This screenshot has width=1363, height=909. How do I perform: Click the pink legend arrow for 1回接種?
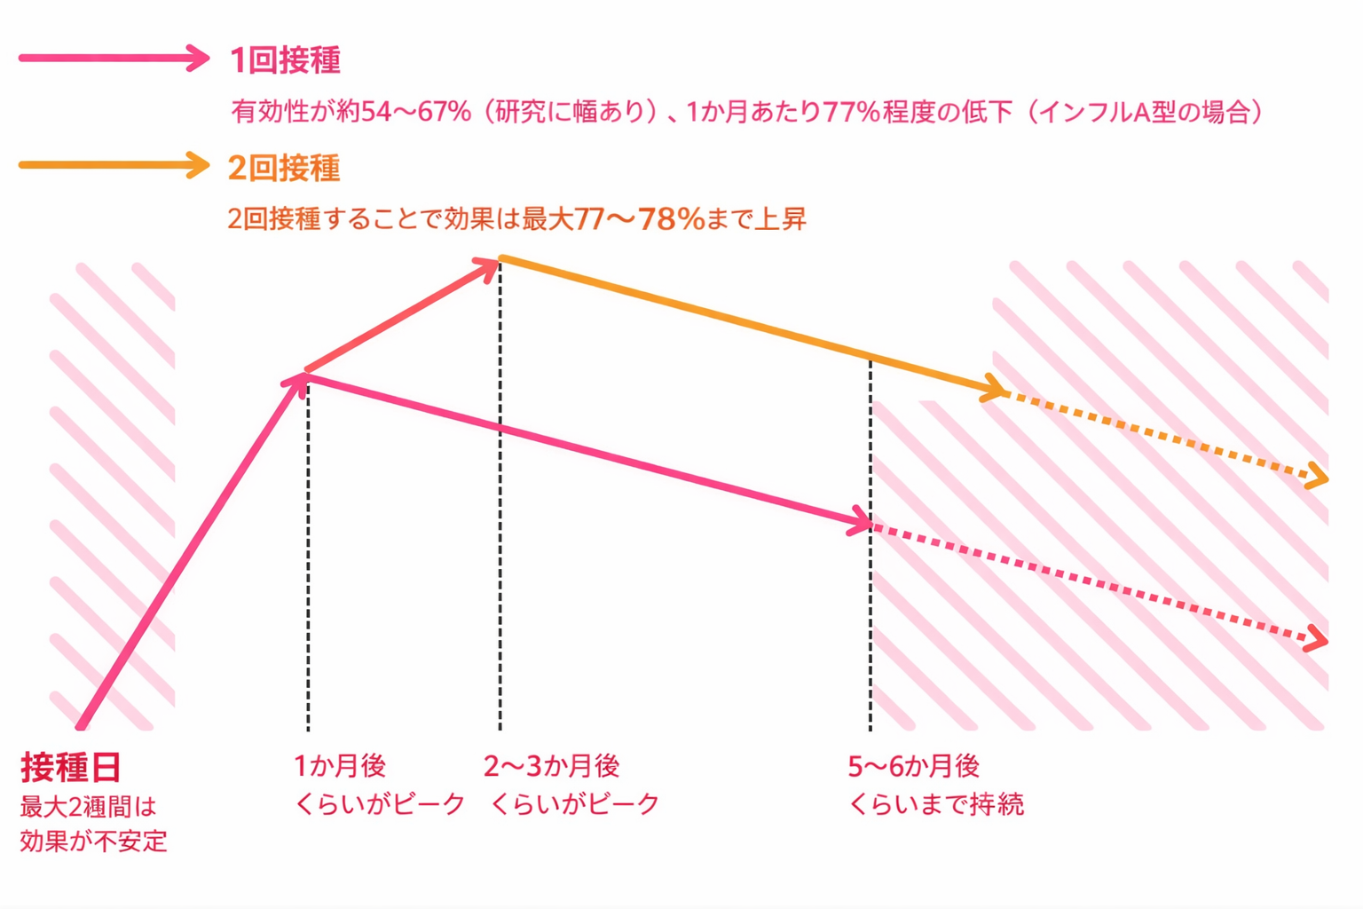point(114,59)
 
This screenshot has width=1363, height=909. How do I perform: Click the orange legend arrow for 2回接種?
point(114,165)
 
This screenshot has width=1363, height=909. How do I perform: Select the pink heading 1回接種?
point(285,60)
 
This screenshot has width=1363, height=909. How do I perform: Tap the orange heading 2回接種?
point(284,168)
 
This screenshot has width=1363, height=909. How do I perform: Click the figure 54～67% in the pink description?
point(416,113)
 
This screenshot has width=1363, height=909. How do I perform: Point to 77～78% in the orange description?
point(639,218)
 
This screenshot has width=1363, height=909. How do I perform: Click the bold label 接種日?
point(71,766)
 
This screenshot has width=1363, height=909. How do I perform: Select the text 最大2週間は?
point(88,807)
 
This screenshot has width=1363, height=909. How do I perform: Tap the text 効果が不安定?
point(94,841)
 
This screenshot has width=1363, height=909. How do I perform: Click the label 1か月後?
point(340,765)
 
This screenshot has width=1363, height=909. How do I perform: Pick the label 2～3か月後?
point(551,765)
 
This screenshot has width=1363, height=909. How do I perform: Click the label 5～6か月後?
point(914,765)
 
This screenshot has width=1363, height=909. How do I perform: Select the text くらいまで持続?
point(936,804)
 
